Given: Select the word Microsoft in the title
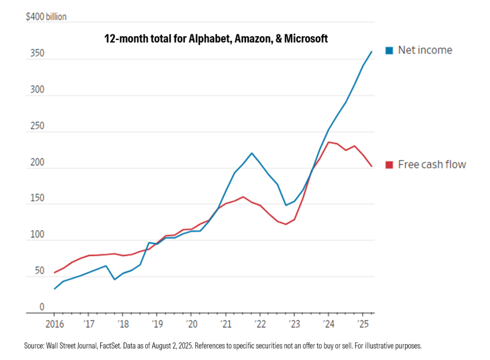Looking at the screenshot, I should (306, 39).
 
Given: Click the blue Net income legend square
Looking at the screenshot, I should (389, 51).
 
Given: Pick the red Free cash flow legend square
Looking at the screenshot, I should (389, 165).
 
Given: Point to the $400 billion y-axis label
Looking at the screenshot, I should (46, 17).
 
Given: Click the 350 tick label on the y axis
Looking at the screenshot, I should (37, 53).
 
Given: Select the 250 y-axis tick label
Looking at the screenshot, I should (37, 126).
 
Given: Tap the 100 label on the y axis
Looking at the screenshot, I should (37, 234).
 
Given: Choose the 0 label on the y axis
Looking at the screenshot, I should (42, 307).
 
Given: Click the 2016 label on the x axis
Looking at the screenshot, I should (55, 324).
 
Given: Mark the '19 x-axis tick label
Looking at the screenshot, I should (157, 324).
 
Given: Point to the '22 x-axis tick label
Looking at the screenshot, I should (260, 324).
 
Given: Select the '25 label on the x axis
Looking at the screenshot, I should (363, 324).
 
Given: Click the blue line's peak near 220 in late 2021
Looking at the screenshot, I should (252, 153).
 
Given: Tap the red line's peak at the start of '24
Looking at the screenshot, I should (329, 142).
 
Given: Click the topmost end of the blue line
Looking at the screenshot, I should (371, 52).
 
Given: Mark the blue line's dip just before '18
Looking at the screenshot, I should (115, 279).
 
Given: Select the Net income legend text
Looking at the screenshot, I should (425, 50).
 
